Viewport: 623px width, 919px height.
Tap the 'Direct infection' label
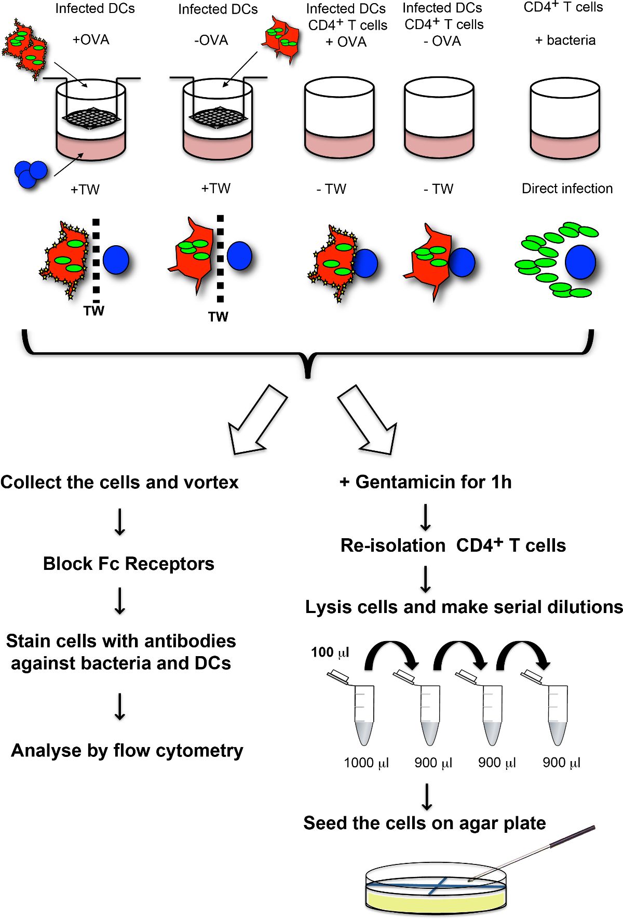point(567,189)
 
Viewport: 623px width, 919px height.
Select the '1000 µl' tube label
point(366,763)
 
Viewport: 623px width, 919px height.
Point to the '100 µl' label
point(330,652)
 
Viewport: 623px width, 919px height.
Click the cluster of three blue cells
point(30,174)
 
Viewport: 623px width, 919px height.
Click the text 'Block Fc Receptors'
point(128,564)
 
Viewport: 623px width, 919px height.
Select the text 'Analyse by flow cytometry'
point(127,751)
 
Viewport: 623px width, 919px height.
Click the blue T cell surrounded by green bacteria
point(580,262)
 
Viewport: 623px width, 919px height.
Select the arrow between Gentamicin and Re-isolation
point(425,517)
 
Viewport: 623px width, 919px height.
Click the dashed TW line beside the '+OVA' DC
point(96,260)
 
